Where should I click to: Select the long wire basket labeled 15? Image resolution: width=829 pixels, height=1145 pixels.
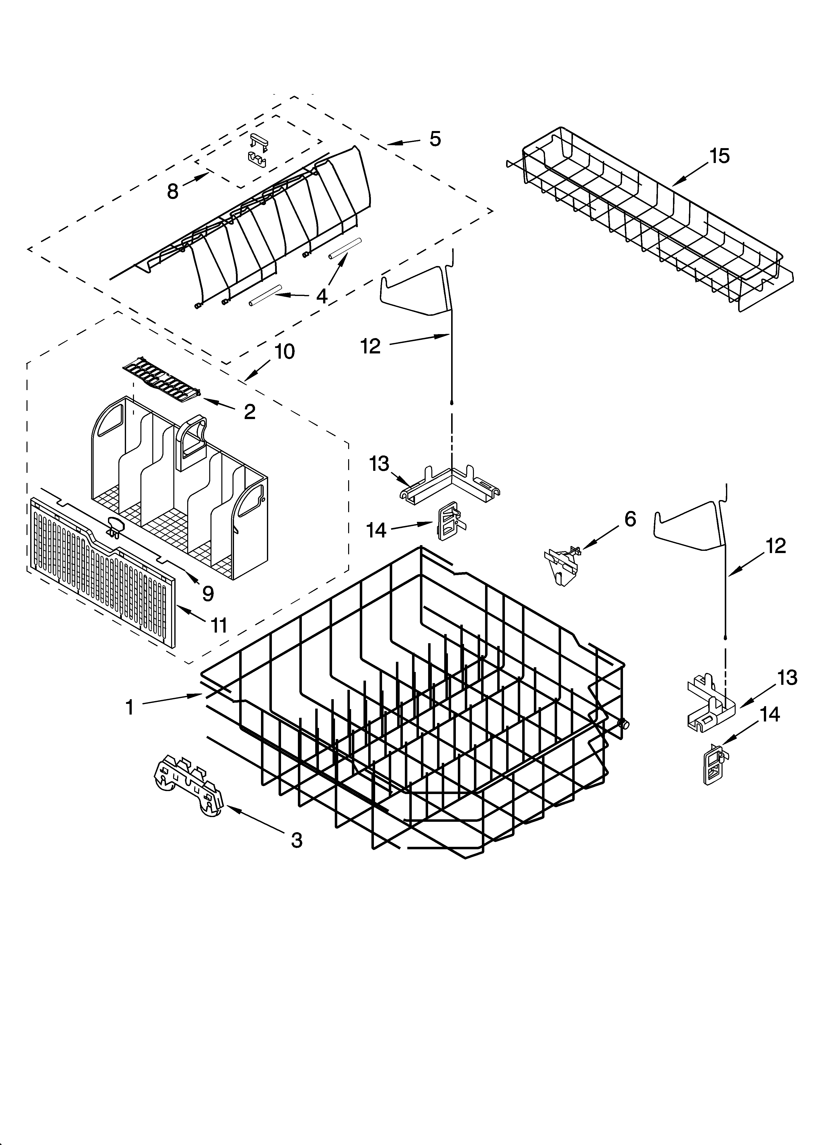[651, 222]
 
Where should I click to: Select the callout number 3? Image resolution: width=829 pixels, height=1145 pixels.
[297, 840]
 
